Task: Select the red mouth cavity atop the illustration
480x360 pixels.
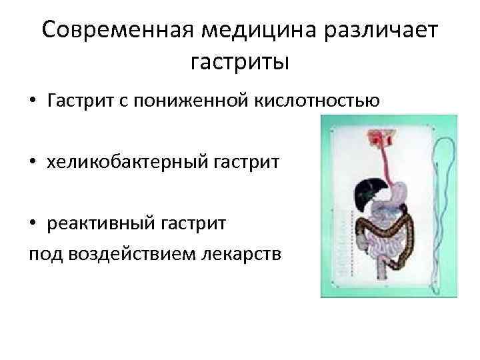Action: pos(382,136)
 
